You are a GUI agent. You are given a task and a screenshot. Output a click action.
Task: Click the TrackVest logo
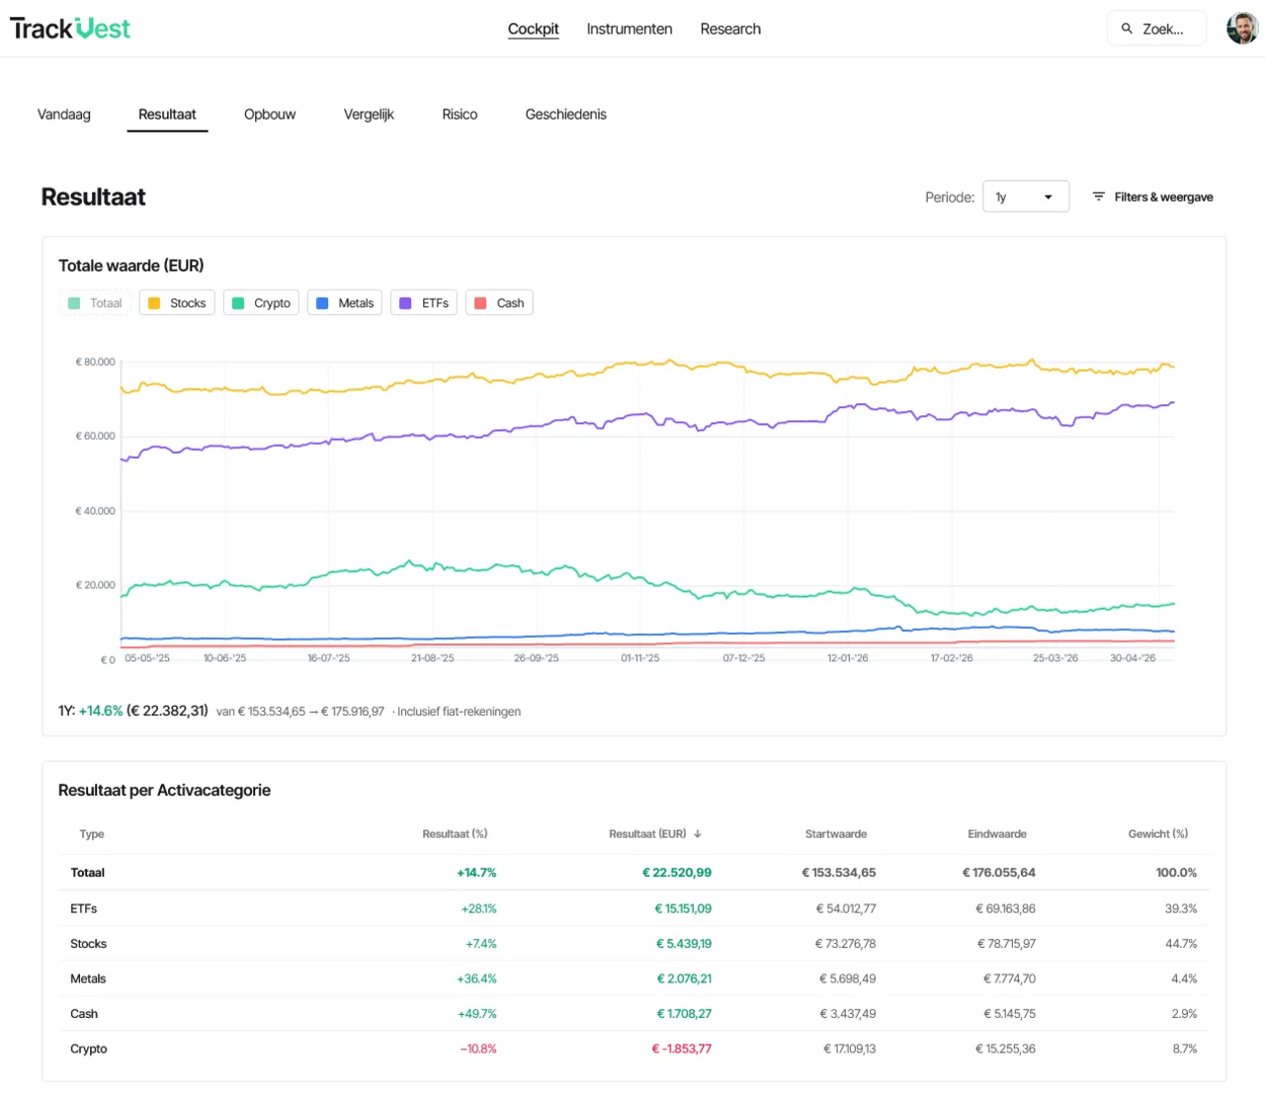click(70, 29)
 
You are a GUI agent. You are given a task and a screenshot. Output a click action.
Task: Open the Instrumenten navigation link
click(629, 29)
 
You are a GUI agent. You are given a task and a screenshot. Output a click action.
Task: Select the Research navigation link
click(730, 29)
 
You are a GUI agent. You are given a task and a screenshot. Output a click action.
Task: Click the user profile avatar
click(1242, 29)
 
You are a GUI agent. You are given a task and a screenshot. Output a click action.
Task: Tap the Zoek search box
click(1156, 29)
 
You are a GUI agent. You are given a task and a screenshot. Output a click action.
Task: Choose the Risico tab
click(460, 115)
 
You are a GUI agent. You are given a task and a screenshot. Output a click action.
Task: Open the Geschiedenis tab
click(565, 115)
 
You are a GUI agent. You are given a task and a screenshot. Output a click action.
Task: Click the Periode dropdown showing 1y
click(1026, 197)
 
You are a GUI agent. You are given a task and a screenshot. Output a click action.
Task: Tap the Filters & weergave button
click(1152, 197)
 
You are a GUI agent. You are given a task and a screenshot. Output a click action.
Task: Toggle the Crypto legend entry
click(261, 302)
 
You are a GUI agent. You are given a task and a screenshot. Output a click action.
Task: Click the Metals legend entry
click(344, 302)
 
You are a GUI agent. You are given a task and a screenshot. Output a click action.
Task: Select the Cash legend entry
click(499, 302)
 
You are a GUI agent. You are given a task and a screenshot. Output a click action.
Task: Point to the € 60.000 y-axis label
click(95, 437)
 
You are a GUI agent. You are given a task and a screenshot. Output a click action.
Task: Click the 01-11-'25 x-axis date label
click(640, 658)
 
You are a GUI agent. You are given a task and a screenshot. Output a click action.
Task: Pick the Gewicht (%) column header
click(1158, 834)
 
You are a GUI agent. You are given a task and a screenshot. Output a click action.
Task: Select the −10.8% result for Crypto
click(478, 1049)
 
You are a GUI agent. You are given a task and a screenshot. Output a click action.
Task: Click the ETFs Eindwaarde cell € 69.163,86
click(1005, 908)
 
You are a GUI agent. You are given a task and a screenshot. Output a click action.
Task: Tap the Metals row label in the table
click(88, 978)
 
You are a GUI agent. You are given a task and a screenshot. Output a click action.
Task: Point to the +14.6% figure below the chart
click(101, 711)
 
